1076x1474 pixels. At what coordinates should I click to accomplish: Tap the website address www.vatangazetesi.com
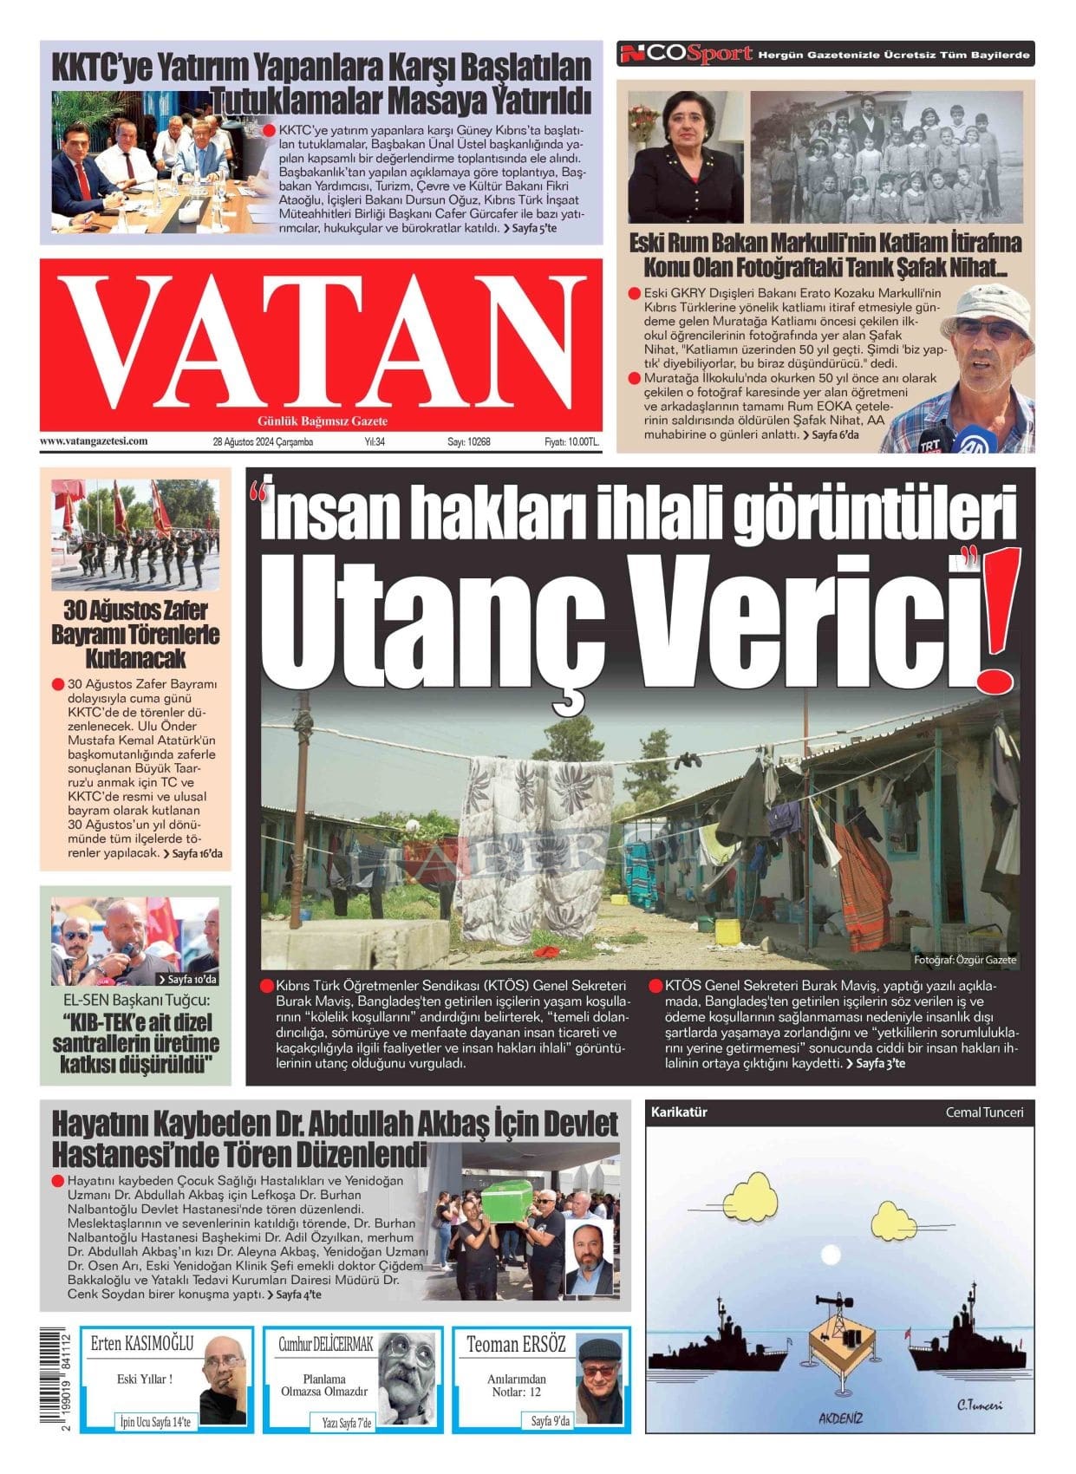pyautogui.click(x=94, y=441)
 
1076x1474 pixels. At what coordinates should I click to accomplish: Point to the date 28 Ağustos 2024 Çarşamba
pyautogui.click(x=263, y=442)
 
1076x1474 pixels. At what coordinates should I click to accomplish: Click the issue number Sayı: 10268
pyautogui.click(x=469, y=442)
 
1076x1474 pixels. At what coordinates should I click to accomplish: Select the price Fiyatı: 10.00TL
pyautogui.click(x=571, y=442)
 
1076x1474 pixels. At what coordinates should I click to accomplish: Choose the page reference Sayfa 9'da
pyautogui.click(x=551, y=1421)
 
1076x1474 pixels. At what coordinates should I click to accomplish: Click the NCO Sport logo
pyautogui.click(x=685, y=55)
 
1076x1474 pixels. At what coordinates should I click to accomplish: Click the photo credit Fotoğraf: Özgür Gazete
pyautogui.click(x=964, y=960)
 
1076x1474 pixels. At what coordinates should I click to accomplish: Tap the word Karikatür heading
pyautogui.click(x=679, y=1112)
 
